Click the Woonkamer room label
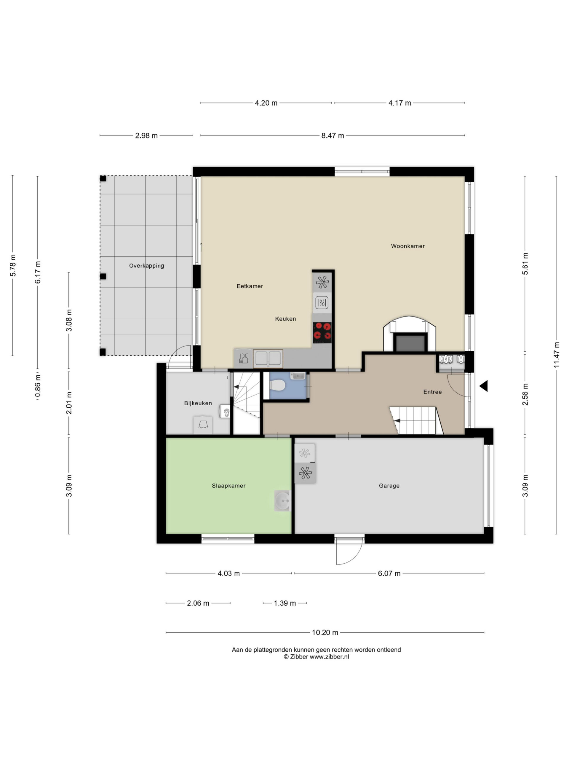(x=408, y=246)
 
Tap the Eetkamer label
(x=250, y=286)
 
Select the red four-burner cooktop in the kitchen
(x=322, y=333)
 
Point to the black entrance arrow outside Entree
(x=484, y=386)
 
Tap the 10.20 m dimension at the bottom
(x=325, y=632)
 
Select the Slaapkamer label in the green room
(x=229, y=486)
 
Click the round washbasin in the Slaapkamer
(x=282, y=501)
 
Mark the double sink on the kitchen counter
(x=268, y=358)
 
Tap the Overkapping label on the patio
(x=146, y=266)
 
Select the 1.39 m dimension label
(x=285, y=603)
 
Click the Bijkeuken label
(x=198, y=403)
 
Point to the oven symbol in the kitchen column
(x=322, y=303)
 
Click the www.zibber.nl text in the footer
(x=329, y=657)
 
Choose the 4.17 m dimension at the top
(x=399, y=103)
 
